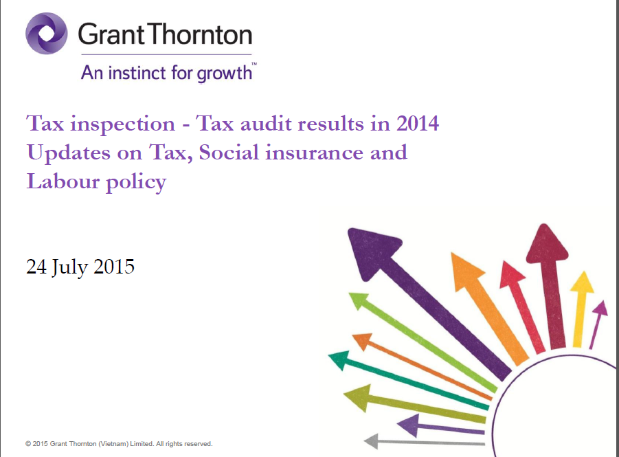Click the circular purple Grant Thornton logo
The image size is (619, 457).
pos(47,33)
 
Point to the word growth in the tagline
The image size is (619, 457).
pos(224,74)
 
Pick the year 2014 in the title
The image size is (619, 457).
pos(418,124)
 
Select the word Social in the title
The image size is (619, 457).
pos(229,153)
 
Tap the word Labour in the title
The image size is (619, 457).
pos(63,181)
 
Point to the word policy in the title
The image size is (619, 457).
pos(136,183)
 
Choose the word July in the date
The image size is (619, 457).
pos(69,267)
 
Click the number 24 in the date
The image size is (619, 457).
pos(36,267)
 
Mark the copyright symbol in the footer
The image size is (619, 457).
pos(28,444)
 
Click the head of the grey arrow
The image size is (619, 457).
pos(372,441)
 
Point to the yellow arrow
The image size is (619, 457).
pos(581,309)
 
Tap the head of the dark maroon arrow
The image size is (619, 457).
pos(546,244)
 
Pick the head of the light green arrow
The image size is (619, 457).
pos(359,300)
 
